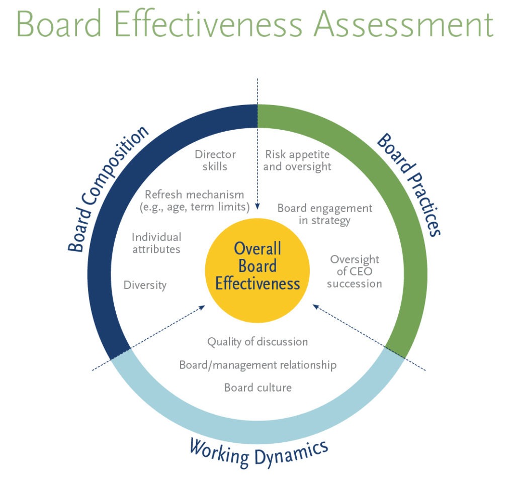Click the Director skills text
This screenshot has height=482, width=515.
tap(215, 160)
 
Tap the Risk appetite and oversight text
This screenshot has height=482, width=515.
tap(297, 160)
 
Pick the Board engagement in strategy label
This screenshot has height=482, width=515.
tap(324, 214)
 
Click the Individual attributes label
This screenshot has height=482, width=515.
tap(156, 242)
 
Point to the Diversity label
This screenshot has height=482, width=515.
tap(145, 285)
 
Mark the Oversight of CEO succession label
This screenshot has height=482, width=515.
tap(355, 271)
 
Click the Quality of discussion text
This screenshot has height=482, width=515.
tap(257, 342)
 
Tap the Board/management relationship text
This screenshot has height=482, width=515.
tap(257, 365)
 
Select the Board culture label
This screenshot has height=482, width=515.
tap(257, 388)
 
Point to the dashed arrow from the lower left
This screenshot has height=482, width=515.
tap(151, 337)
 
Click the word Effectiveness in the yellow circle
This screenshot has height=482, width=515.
tap(257, 284)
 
